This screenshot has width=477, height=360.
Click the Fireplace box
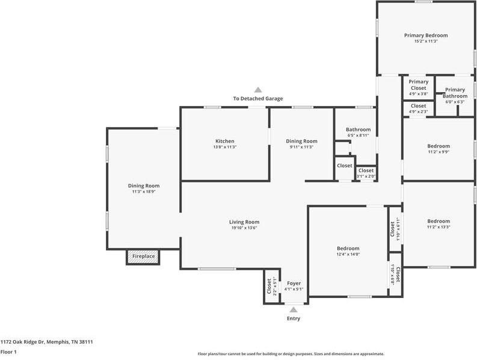click(143, 256)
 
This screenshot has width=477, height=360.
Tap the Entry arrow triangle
click(294, 310)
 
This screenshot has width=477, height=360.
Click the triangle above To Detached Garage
click(258, 90)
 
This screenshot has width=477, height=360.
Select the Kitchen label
click(225, 141)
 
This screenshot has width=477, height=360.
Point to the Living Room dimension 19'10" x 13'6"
click(244, 228)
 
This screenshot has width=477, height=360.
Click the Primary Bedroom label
click(426, 36)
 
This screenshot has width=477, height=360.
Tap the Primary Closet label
click(418, 85)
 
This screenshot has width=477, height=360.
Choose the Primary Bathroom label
click(455, 93)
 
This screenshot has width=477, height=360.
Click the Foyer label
click(294, 284)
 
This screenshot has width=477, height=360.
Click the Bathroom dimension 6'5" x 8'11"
click(359, 135)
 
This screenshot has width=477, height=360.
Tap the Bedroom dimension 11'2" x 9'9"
click(439, 152)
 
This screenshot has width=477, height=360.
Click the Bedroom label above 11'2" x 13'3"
click(439, 221)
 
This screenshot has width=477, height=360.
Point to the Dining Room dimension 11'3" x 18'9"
click(144, 191)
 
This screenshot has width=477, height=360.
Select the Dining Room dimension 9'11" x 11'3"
click(301, 147)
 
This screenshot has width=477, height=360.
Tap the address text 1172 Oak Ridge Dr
click(23, 342)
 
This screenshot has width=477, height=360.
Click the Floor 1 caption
click(8, 352)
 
